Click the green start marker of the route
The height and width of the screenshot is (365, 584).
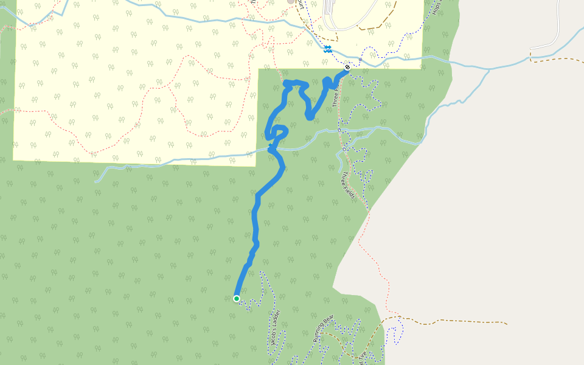coord(237,299)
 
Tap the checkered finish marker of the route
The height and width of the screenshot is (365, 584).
coord(347,68)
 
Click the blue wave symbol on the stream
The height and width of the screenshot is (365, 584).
coord(327,49)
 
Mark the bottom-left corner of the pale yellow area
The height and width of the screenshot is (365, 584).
coord(13,160)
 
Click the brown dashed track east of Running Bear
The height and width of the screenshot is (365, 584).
coord(450,321)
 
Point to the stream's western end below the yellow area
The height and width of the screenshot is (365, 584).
coord(96,181)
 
